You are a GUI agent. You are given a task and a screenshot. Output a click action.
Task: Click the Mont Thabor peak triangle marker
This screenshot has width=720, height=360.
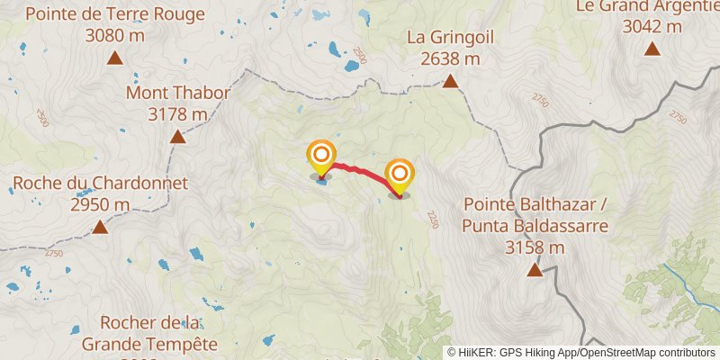click(178, 137)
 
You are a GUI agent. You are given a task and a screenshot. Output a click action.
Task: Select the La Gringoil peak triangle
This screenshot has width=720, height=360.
click(450, 82)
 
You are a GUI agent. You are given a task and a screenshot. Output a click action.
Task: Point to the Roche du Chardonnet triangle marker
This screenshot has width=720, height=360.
click(100, 227)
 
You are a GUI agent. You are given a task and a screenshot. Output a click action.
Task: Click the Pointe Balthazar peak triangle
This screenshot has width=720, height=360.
click(535, 269)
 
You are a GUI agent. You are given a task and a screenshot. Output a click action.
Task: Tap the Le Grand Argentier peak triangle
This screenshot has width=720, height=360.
click(652, 49)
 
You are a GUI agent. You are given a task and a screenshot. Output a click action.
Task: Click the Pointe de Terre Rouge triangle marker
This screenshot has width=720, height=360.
click(114, 58)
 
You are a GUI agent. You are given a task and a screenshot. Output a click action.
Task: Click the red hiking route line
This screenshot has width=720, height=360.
click(360, 170)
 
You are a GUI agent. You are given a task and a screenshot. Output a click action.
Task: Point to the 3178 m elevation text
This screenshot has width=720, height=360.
click(178, 114)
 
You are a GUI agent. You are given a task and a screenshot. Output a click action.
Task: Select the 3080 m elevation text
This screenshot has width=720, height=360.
click(114, 37)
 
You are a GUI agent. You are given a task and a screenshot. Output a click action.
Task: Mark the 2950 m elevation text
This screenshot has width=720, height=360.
click(100, 205)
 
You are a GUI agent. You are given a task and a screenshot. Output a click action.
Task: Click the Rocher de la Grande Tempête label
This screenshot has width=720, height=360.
click(149, 332)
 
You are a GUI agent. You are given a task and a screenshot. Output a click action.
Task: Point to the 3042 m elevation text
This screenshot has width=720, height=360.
click(652, 26)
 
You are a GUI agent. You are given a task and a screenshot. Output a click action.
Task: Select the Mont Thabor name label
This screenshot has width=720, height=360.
click(178, 93)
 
